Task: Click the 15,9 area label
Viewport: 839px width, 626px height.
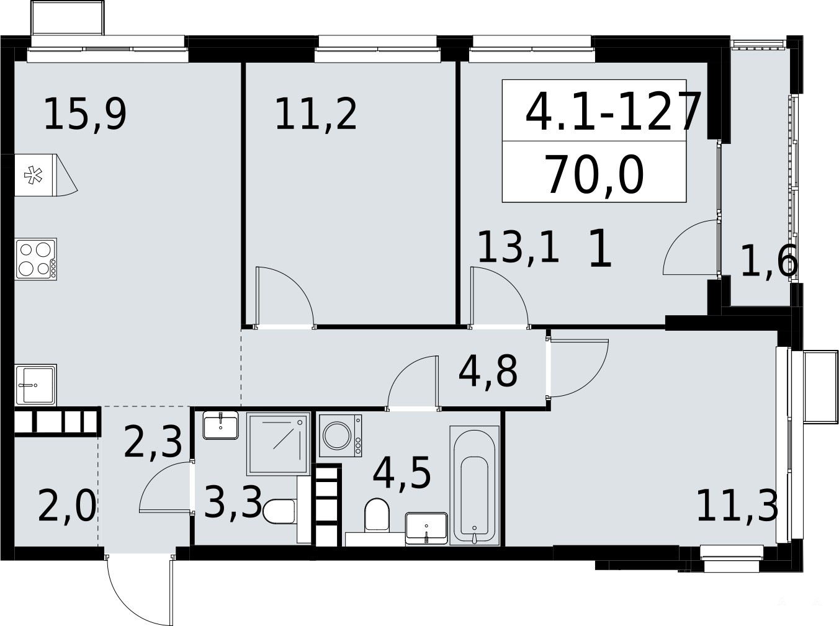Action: pos(85,114)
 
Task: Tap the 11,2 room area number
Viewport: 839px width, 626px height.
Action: pos(316,114)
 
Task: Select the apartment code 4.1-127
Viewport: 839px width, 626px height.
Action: pos(613,112)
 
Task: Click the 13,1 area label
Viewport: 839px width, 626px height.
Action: pos(518,246)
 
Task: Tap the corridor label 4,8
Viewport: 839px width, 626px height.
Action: pos(488,370)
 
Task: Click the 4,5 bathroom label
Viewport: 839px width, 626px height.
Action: pos(402,472)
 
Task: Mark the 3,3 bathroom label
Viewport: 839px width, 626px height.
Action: pos(233,502)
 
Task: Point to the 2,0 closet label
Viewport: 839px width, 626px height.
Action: pos(66,506)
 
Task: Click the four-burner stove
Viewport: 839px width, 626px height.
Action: pos(36,259)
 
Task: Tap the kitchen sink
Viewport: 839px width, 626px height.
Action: pos(36,385)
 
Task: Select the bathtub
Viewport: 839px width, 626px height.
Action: pos(474,485)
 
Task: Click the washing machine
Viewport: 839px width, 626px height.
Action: pos(340,436)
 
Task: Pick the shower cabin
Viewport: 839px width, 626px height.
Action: pos(278,444)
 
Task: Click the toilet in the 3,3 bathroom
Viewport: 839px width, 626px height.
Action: pos(280,512)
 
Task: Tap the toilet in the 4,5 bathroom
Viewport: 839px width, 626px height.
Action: pos(377,514)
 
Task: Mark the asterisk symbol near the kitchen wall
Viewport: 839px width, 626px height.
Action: pos(34,176)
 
